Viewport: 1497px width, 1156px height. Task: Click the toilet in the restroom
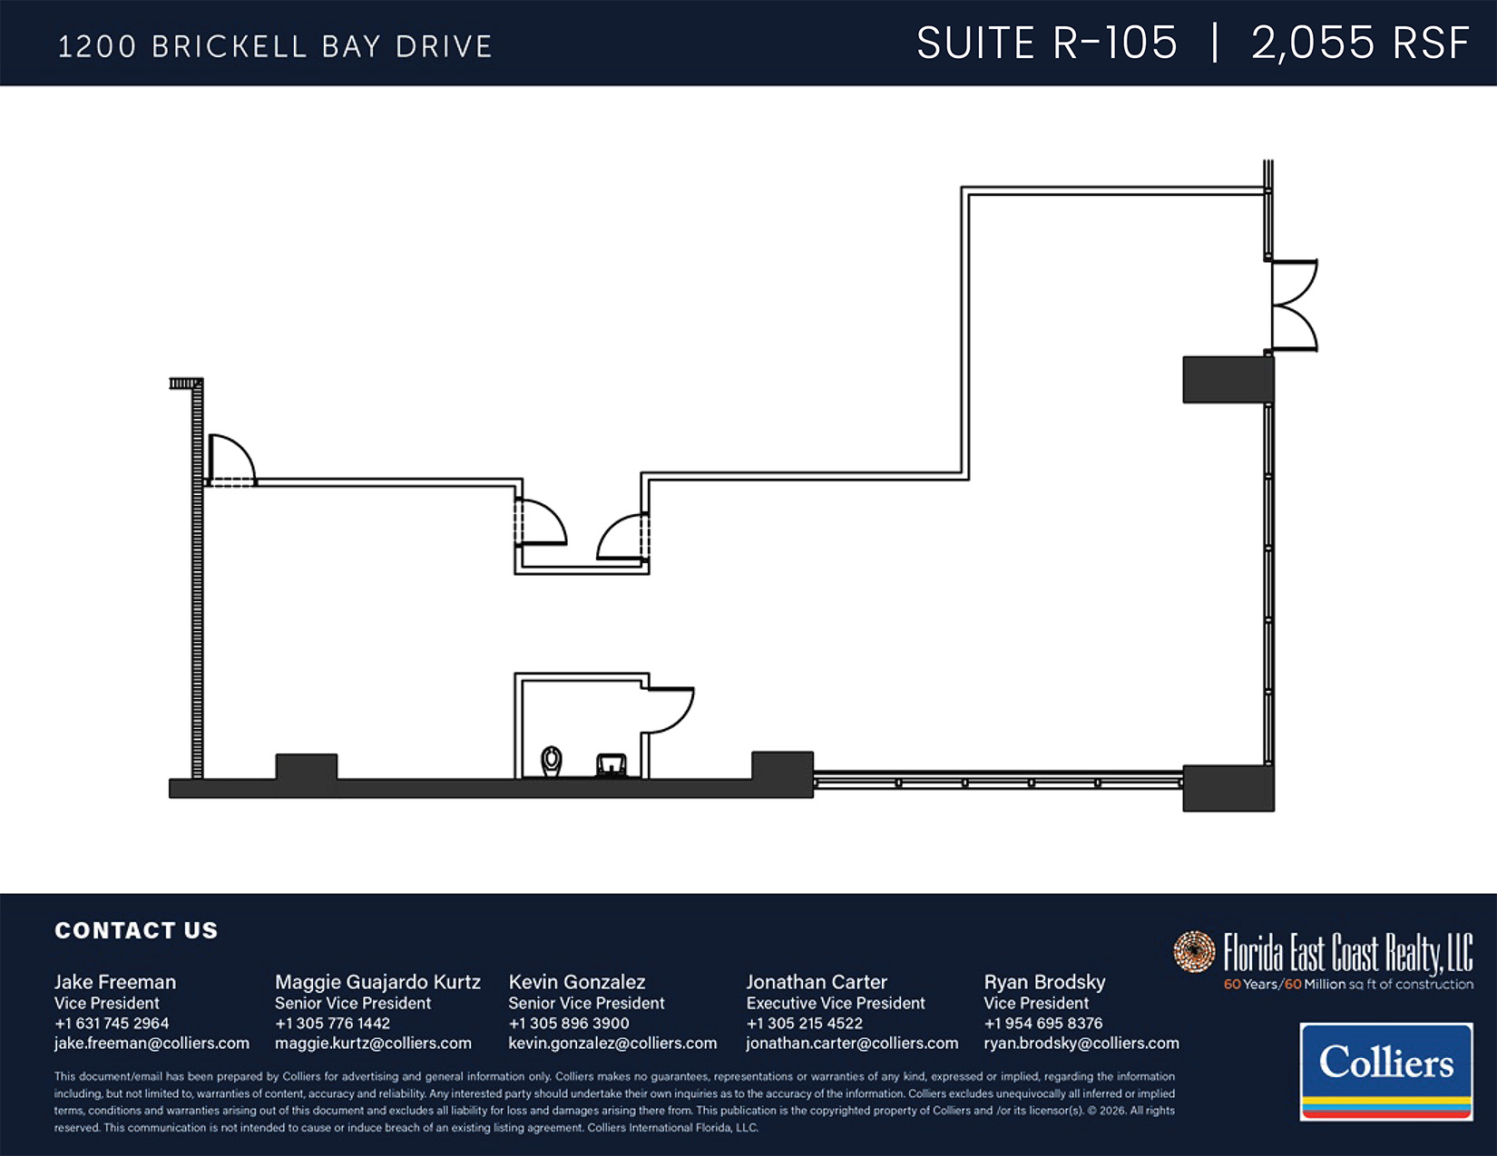tap(551, 761)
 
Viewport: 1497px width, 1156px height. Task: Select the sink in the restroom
tap(612, 765)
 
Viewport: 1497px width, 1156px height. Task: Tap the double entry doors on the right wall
tap(1293, 306)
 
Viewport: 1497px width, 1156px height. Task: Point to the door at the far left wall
tap(232, 460)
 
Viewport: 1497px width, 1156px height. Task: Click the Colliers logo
tap(1386, 1072)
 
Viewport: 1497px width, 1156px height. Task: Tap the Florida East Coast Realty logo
tap(1323, 960)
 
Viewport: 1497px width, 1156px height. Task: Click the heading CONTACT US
tap(136, 930)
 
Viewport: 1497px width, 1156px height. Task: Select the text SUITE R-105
tap(1047, 44)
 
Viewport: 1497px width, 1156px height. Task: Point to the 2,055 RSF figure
tap(1361, 44)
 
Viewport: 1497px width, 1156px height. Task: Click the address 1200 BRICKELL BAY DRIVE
tap(275, 47)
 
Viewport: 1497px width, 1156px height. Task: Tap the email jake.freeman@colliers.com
tap(152, 1043)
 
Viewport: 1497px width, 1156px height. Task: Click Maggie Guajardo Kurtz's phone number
tap(332, 1023)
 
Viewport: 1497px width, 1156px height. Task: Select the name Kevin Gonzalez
tap(577, 982)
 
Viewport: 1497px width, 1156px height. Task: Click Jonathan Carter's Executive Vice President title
tap(836, 1003)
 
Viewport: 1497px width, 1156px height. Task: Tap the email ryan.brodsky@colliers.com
tap(1081, 1043)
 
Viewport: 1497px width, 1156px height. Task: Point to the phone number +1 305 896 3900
tap(568, 1023)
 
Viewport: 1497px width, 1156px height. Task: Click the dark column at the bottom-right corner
tap(1228, 788)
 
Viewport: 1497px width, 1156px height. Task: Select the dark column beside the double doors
tap(1228, 379)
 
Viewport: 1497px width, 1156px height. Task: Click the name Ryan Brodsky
tap(1044, 982)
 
